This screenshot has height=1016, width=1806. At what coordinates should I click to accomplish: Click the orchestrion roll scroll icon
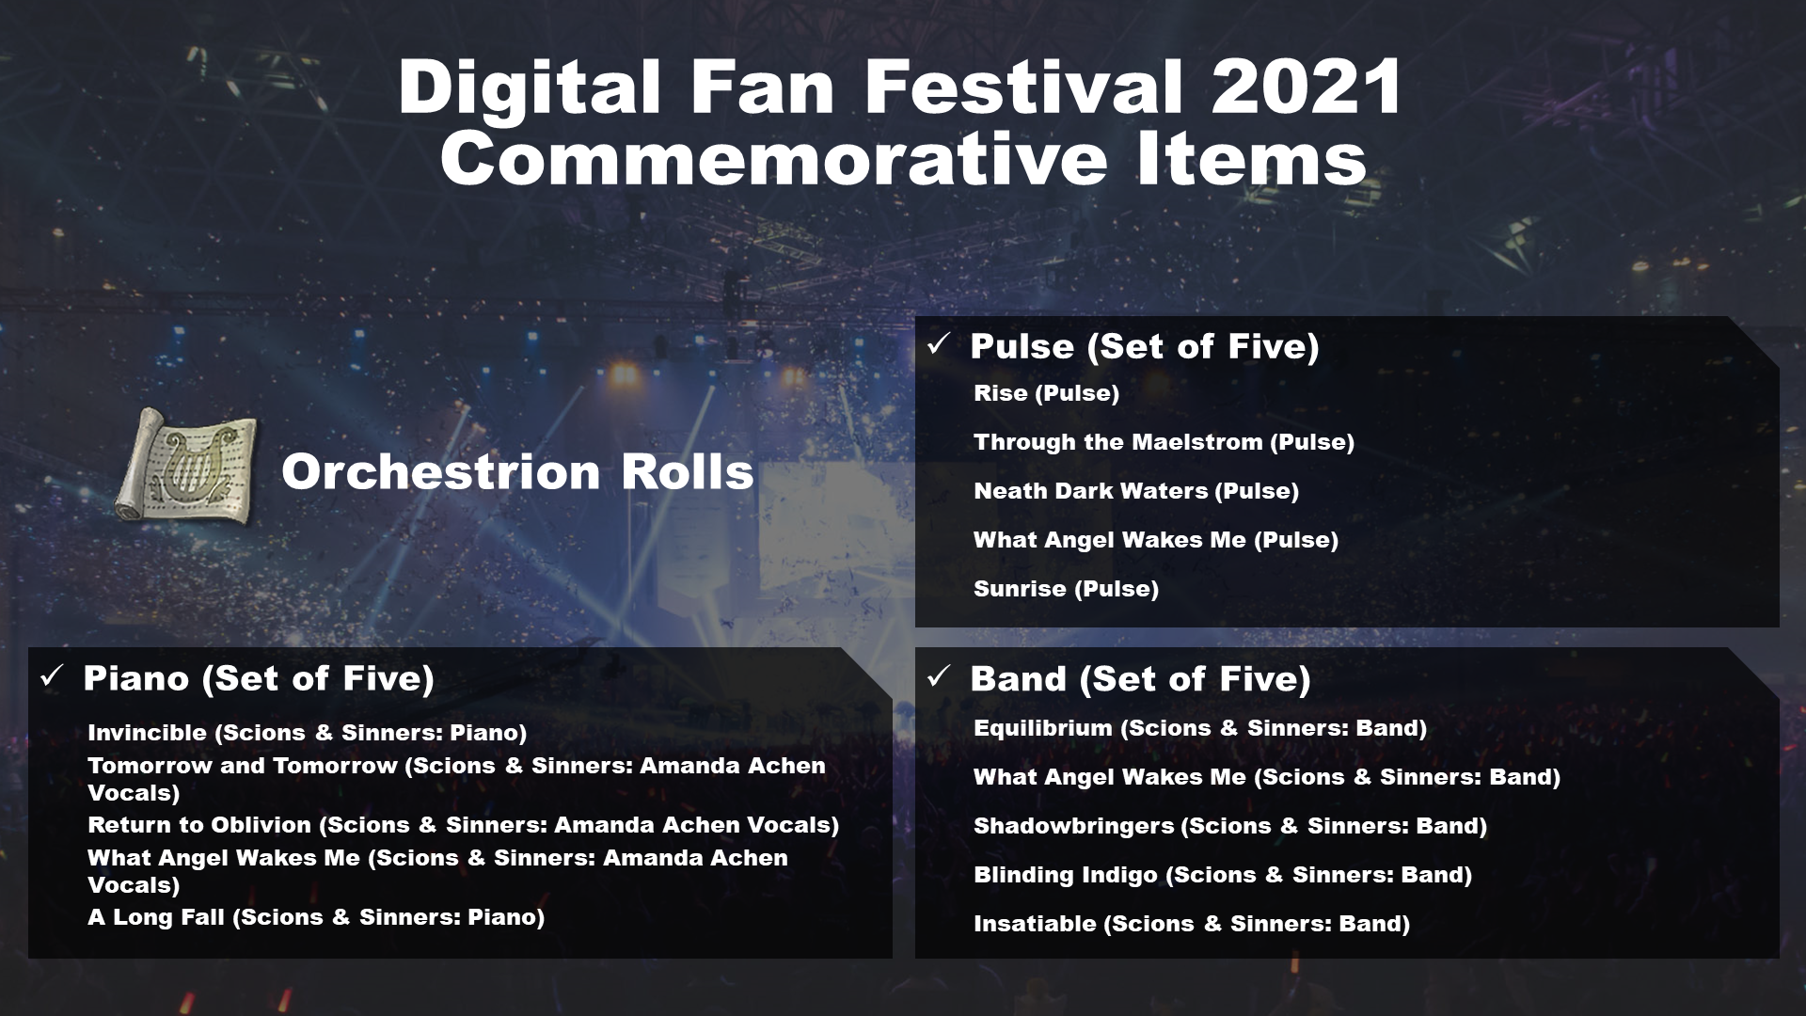[x=185, y=467]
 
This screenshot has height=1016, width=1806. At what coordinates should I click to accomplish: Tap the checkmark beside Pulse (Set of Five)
[x=939, y=344]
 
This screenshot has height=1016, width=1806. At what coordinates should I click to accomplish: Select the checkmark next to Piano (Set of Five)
[x=52, y=676]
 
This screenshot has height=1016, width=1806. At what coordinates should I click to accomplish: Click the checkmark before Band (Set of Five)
[x=939, y=676]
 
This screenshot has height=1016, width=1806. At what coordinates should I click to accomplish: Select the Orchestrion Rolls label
[x=517, y=470]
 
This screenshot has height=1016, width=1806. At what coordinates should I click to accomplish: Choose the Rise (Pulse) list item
[x=1046, y=393]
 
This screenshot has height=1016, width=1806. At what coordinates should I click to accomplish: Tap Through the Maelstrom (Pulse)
[x=1164, y=442]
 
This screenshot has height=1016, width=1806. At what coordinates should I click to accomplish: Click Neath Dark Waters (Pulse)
[x=1136, y=491]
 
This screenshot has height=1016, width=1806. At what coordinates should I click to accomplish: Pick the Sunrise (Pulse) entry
[x=1066, y=589]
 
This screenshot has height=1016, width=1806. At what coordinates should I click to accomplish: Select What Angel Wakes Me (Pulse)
[x=1156, y=540]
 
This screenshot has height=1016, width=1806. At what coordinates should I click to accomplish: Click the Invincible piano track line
[x=307, y=733]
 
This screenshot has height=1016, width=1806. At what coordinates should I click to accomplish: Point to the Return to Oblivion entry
[x=463, y=825]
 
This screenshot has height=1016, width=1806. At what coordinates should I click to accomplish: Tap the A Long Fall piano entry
[x=316, y=917]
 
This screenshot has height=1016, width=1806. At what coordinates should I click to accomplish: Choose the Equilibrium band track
[x=1200, y=728]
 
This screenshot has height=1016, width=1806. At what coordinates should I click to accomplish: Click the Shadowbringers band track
[x=1230, y=826]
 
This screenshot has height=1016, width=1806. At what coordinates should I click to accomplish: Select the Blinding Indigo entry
[x=1223, y=875]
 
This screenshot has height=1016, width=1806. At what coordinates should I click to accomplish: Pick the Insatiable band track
[x=1192, y=924]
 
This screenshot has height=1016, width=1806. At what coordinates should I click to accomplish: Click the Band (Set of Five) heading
[x=1140, y=678]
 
